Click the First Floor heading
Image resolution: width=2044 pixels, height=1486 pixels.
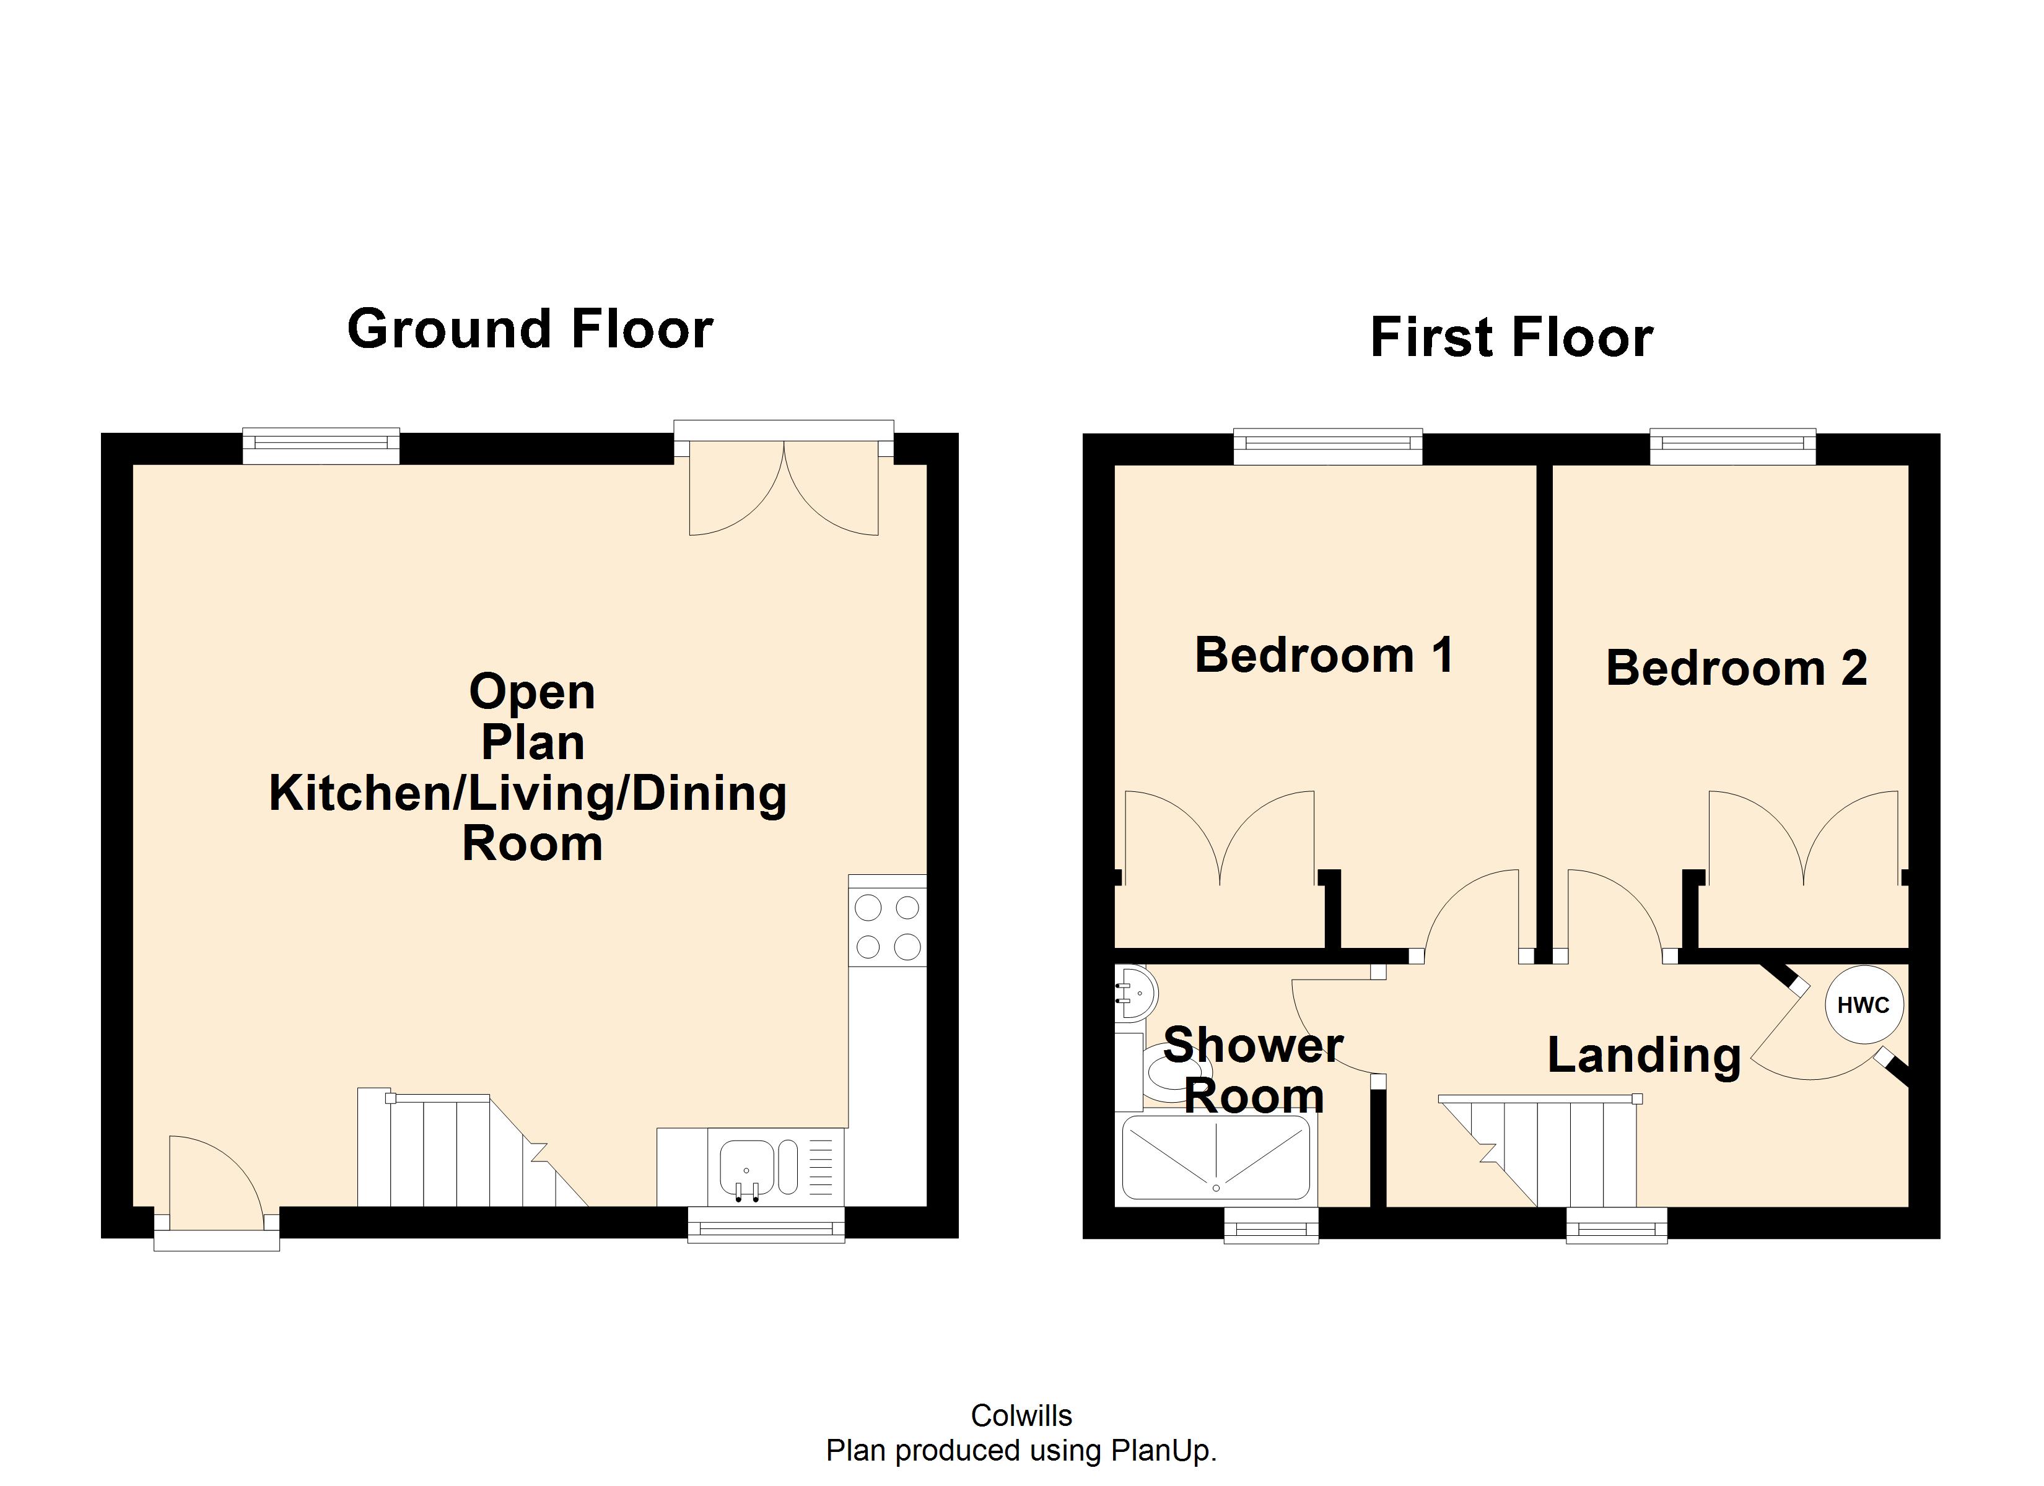pyautogui.click(x=1511, y=338)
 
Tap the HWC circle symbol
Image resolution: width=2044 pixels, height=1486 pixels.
pyautogui.click(x=1863, y=1005)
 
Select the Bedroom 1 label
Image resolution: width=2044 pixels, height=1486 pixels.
pyautogui.click(x=1323, y=655)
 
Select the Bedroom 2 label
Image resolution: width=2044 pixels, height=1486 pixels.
pyautogui.click(x=1736, y=669)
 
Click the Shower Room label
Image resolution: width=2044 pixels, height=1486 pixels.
pyautogui.click(x=1252, y=1071)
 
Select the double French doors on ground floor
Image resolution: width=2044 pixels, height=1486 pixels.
pyautogui.click(x=783, y=487)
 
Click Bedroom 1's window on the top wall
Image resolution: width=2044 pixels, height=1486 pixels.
pyautogui.click(x=1327, y=445)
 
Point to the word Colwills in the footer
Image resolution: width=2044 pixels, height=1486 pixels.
pyautogui.click(x=1021, y=1415)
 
